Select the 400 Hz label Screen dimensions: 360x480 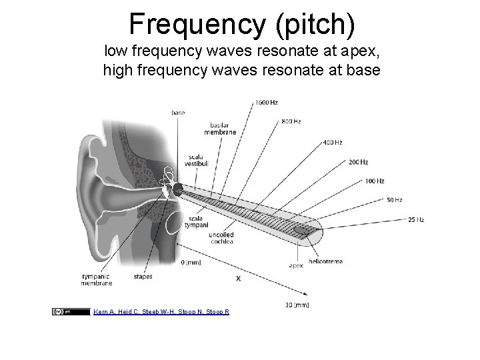[333, 142]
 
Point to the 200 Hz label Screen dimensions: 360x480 [358, 162]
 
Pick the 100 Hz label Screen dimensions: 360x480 [374, 181]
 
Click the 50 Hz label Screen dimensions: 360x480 [394, 200]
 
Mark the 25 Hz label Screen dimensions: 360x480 [416, 220]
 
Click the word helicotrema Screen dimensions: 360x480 [326, 261]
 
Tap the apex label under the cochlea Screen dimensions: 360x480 [296, 265]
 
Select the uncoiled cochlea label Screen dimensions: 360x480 [221, 239]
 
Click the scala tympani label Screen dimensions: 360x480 [197, 222]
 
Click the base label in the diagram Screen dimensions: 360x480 [178, 113]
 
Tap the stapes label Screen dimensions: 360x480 [143, 276]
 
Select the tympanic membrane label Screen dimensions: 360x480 [97, 279]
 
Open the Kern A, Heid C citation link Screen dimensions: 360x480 [161, 311]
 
